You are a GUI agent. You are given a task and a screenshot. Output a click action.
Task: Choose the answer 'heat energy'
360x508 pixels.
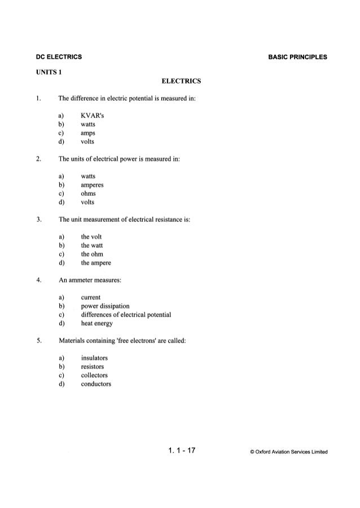coord(97,323)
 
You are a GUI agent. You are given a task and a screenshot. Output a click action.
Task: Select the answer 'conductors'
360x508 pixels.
coord(96,384)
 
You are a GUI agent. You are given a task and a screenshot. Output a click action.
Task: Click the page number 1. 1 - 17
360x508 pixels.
coord(181,450)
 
